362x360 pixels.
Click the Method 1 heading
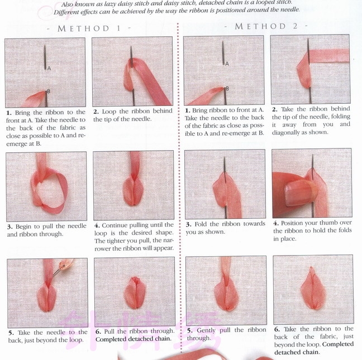[89, 28]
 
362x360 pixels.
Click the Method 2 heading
[266, 26]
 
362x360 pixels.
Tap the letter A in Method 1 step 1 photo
[49, 68]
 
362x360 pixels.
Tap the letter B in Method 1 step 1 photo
[49, 92]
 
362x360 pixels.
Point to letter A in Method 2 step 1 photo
[227, 64]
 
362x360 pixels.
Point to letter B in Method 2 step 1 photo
[227, 88]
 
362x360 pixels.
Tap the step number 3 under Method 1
[9, 227]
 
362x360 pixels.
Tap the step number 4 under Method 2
[275, 223]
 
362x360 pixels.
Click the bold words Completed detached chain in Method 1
[133, 339]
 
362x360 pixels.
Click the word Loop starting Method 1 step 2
[109, 112]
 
